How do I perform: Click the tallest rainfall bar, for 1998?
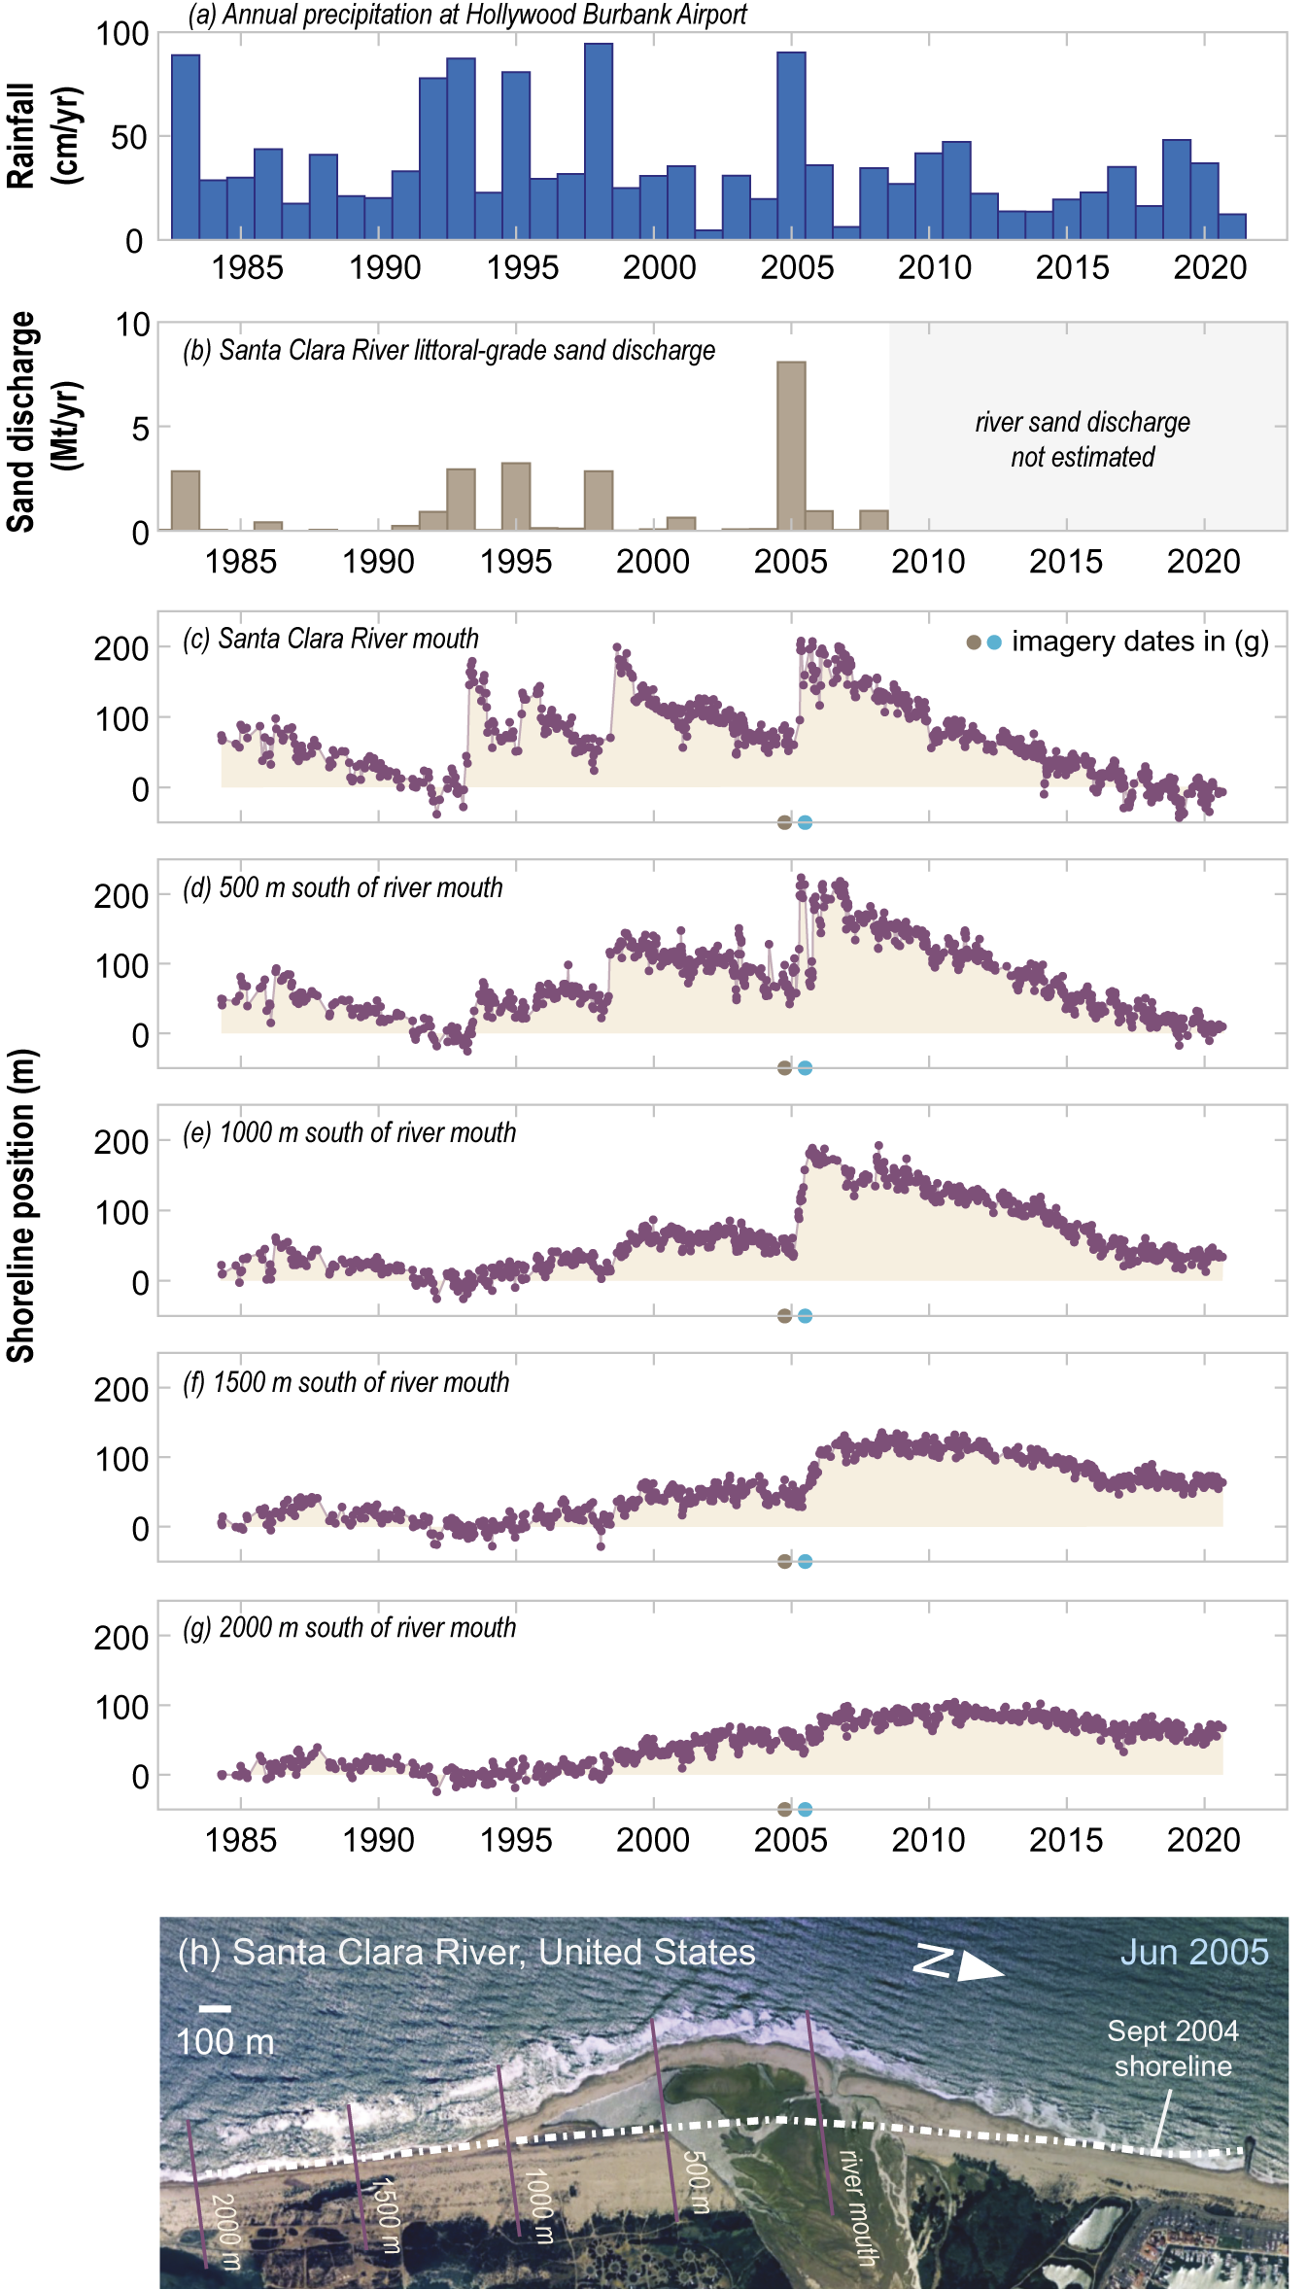click(x=599, y=141)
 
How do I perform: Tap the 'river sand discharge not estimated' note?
click(x=1083, y=439)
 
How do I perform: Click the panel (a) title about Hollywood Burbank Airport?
click(x=467, y=16)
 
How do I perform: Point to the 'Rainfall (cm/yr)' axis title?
click(x=45, y=135)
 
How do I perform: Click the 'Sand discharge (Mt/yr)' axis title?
click(x=45, y=422)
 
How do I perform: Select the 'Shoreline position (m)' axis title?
click(x=21, y=1205)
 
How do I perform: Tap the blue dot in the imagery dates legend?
click(x=993, y=642)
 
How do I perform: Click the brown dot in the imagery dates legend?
click(x=973, y=642)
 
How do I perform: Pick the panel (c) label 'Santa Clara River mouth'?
click(x=331, y=639)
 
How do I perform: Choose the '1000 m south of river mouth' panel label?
click(x=350, y=1132)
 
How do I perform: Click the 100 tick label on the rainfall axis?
click(x=121, y=34)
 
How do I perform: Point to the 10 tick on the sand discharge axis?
click(x=133, y=325)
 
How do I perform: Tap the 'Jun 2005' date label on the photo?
click(x=1194, y=1952)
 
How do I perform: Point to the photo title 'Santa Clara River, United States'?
click(x=466, y=1952)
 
